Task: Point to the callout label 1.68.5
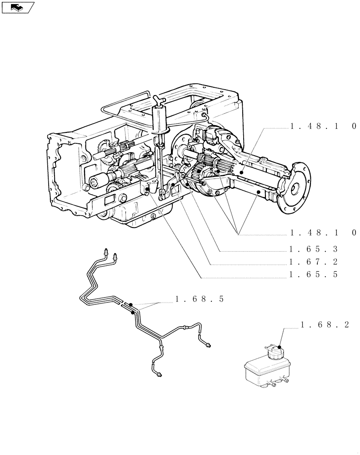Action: pos(200,299)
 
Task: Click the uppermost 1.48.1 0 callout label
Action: pos(323,127)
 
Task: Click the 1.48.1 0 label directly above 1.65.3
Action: pos(323,233)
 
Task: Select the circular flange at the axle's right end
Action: pos(296,187)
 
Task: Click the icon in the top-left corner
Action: pos(18,7)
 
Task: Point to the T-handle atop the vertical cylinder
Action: pos(157,99)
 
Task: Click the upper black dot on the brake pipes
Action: pos(130,304)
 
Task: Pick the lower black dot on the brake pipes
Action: pos(132,313)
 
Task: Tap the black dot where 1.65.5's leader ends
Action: pos(148,189)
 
